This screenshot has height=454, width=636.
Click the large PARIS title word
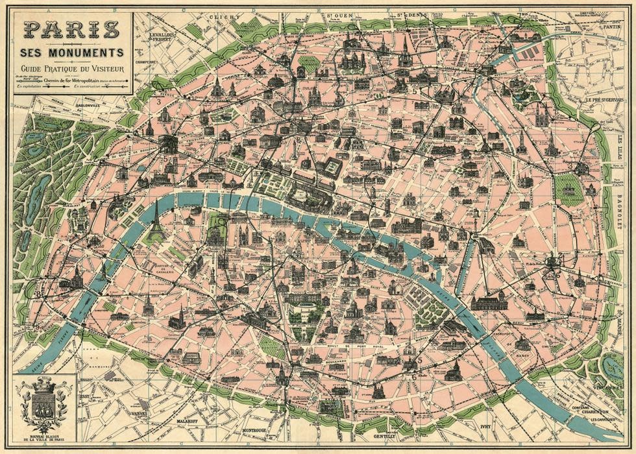[x=71, y=29]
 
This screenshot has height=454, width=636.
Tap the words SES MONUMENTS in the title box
[x=71, y=52]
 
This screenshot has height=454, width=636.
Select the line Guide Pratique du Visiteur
[x=71, y=67]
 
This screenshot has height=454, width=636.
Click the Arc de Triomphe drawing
[x=167, y=144]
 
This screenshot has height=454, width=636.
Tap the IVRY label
[x=487, y=427]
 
